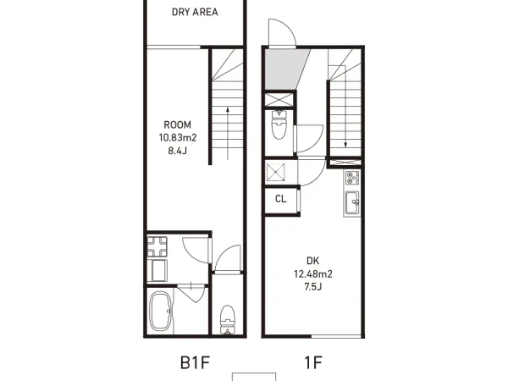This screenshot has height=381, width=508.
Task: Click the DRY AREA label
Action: tap(195, 12)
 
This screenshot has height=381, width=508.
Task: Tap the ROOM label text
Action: tap(177, 124)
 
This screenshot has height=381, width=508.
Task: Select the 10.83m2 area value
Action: tap(178, 138)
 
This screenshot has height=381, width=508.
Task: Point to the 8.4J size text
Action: tap(177, 151)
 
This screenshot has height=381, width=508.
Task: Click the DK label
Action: tap(312, 261)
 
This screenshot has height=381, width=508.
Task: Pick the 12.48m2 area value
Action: tap(313, 274)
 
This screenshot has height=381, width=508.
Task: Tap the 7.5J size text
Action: tap(313, 287)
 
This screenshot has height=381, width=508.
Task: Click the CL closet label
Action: tap(281, 199)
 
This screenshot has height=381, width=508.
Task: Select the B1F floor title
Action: tap(195, 362)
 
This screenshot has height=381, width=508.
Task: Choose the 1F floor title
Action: tap(313, 362)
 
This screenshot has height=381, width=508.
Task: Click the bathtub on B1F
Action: tap(160, 312)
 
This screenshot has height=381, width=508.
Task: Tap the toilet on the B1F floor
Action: tap(227, 319)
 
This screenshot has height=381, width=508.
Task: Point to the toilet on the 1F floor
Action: tap(278, 124)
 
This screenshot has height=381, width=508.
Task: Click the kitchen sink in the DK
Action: tap(352, 203)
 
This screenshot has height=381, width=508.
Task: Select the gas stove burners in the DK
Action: tap(352, 178)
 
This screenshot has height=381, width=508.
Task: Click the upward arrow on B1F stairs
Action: tap(228, 133)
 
